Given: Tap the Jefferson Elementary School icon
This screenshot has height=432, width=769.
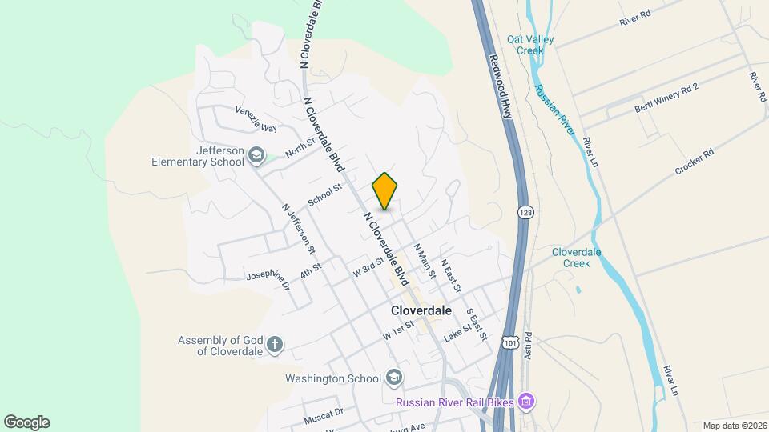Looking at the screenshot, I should coord(256,155).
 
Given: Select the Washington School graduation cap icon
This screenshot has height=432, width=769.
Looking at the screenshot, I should coord(393,377).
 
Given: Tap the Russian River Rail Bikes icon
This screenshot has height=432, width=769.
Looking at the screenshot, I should coord(525,400).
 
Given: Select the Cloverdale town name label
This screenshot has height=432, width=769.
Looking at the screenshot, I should coord(421,310).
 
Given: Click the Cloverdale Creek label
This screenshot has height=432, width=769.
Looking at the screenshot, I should coord(576,258).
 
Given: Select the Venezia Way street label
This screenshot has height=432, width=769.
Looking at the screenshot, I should coord(256,120).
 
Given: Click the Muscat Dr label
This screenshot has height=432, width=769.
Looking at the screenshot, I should coord(324,415).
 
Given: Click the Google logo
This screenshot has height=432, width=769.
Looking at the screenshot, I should coord(26,422).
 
